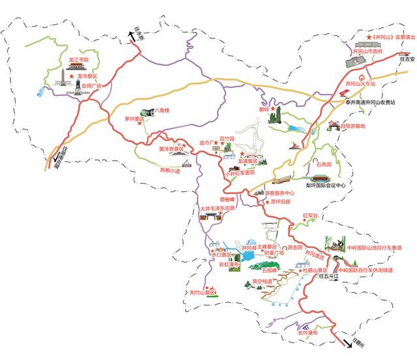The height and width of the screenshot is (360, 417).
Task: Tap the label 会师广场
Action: (91, 84)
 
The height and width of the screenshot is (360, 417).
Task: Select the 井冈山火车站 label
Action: (361, 84)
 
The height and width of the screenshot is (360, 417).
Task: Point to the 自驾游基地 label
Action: (352, 126)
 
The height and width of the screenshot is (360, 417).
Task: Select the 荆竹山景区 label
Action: (202, 293)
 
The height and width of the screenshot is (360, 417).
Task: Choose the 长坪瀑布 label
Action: (310, 333)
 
